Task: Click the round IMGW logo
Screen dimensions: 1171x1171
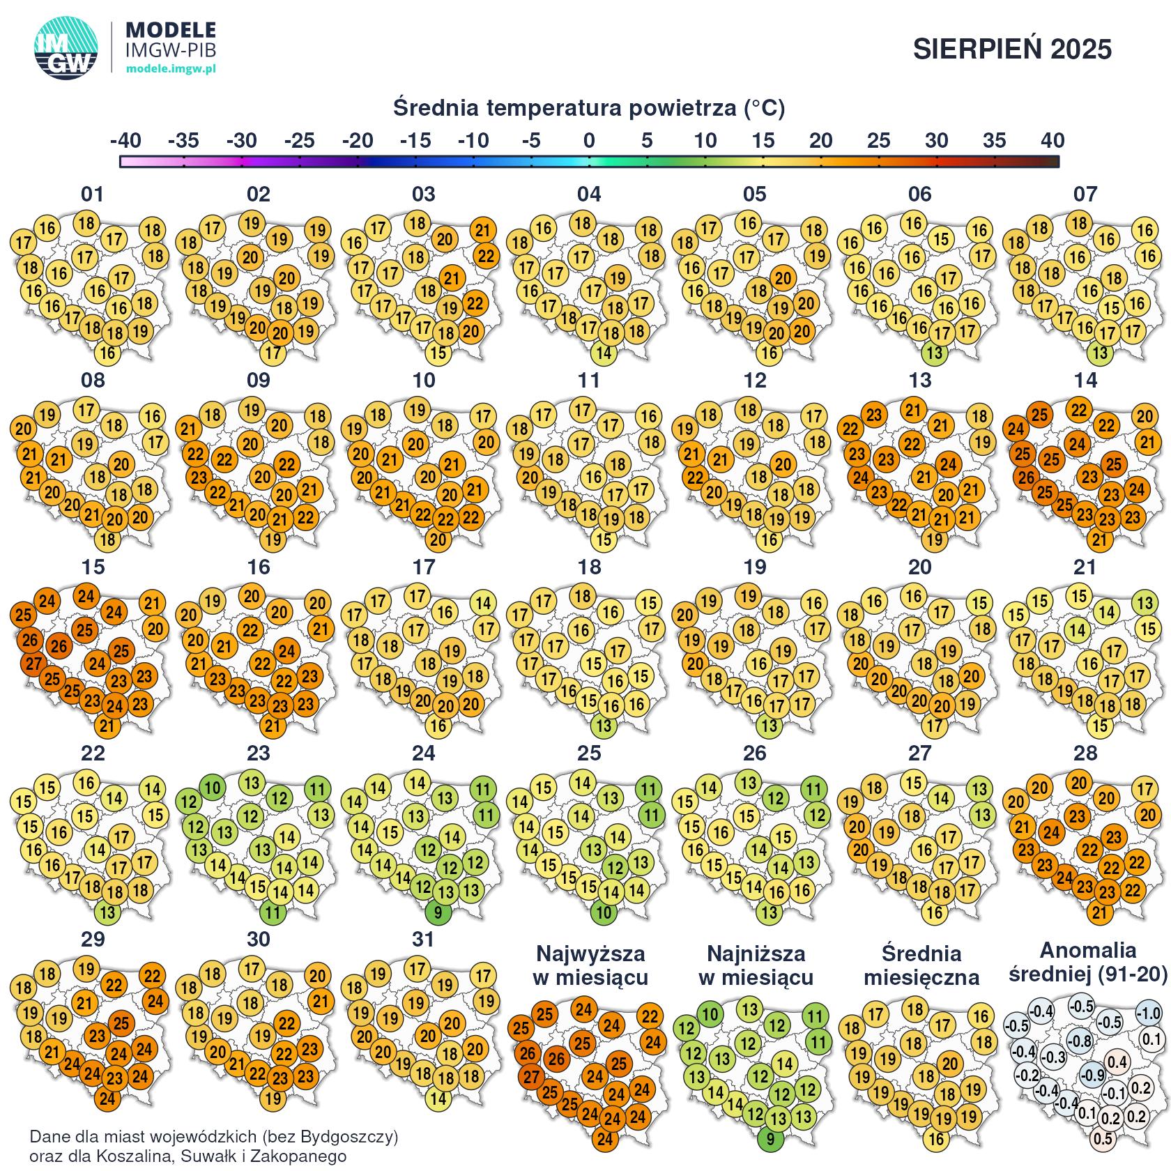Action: (x=66, y=48)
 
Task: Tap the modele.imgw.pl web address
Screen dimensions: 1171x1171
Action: (x=171, y=68)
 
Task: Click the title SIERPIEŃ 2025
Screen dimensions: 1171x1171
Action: (x=1012, y=49)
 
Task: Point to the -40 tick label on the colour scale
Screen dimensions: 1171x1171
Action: (x=125, y=141)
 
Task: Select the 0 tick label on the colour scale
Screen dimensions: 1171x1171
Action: (x=589, y=141)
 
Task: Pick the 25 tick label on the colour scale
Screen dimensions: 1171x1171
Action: (x=878, y=141)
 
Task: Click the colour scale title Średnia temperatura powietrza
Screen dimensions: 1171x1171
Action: (x=588, y=108)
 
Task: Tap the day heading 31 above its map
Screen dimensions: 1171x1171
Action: (x=423, y=940)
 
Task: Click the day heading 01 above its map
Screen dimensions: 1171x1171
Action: (x=93, y=194)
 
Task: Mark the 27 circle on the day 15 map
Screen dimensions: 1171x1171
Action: (x=33, y=664)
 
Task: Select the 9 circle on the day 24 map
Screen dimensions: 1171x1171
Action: (x=438, y=912)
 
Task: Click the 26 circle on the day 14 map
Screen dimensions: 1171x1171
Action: (x=1026, y=477)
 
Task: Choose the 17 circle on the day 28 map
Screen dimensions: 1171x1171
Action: (x=1145, y=789)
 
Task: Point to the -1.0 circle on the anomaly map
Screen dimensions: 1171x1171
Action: (x=1149, y=1013)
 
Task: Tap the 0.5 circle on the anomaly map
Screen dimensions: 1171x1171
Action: (x=1103, y=1139)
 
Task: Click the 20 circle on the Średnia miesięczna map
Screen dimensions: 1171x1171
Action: (x=951, y=1064)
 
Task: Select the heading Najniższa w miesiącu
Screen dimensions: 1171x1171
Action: (x=756, y=965)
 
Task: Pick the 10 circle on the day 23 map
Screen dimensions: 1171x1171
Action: (x=212, y=788)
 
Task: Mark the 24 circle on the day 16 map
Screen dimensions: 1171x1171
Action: (x=287, y=651)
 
